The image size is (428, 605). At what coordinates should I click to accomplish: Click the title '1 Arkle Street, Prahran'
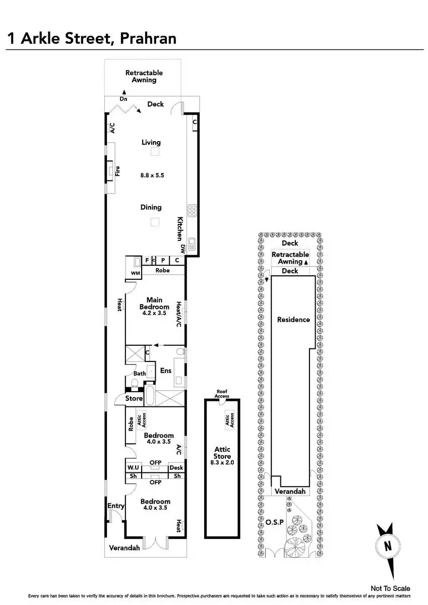click(x=91, y=38)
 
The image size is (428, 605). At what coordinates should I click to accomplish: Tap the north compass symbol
click(x=387, y=546)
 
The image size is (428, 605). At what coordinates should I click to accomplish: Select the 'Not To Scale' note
click(x=390, y=588)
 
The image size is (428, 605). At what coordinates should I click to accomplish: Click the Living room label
click(x=151, y=143)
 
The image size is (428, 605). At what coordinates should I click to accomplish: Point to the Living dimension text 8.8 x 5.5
click(x=152, y=175)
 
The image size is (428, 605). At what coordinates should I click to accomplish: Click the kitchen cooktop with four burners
click(x=192, y=209)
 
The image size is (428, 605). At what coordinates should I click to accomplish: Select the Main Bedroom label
click(x=154, y=304)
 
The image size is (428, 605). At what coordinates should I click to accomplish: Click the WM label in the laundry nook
click(x=135, y=273)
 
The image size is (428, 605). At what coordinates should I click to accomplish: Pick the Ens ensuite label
click(x=166, y=371)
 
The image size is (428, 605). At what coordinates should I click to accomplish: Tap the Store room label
click(x=134, y=398)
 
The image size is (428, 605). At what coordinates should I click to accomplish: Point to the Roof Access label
click(x=222, y=394)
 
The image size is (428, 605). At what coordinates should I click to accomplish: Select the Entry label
click(x=115, y=506)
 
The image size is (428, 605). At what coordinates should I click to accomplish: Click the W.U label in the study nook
click(x=133, y=468)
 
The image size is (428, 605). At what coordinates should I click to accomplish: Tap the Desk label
click(x=176, y=468)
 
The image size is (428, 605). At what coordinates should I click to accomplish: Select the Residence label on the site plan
click(x=293, y=320)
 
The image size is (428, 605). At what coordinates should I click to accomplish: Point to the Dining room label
click(x=151, y=207)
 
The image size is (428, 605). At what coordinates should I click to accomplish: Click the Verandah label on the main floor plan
click(x=124, y=548)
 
